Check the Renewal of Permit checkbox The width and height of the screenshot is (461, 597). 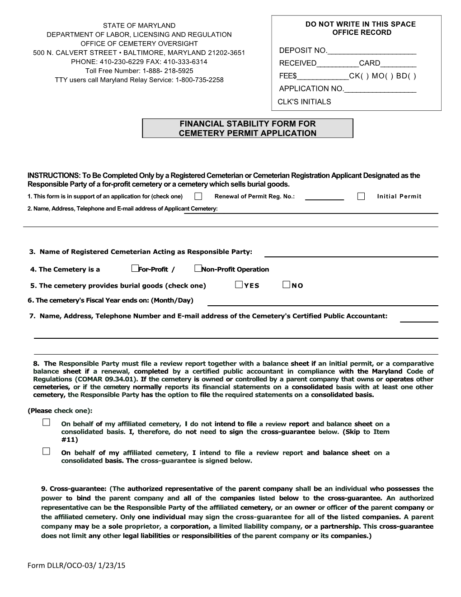(x=198, y=196)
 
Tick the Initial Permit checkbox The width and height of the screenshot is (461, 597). (x=361, y=196)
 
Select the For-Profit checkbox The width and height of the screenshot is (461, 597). (x=134, y=269)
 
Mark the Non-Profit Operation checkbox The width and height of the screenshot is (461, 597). (x=198, y=269)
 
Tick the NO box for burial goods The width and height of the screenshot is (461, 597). (x=286, y=285)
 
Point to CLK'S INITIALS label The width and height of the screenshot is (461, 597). (x=304, y=102)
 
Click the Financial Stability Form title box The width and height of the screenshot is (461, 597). (x=247, y=128)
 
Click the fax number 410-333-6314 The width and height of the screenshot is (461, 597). (x=185, y=62)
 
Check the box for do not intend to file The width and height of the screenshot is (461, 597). (x=46, y=423)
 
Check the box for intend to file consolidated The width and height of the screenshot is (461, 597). (x=46, y=451)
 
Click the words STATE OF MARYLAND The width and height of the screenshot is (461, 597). (x=139, y=25)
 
